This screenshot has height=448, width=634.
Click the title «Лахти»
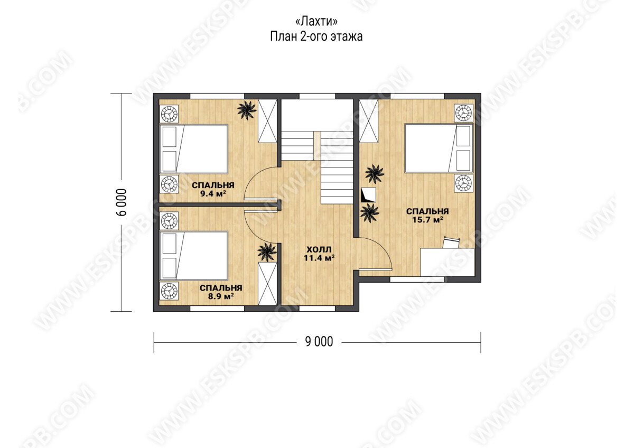pyautogui.click(x=316, y=21)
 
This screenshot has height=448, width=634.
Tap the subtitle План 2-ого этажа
pyautogui.click(x=316, y=36)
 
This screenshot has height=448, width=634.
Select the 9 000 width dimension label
pyautogui.click(x=319, y=342)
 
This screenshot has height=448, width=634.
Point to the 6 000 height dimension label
pyautogui.click(x=121, y=202)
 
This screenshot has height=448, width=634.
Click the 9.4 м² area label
pyautogui.click(x=213, y=194)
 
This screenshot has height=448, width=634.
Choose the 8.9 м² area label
pyautogui.click(x=221, y=296)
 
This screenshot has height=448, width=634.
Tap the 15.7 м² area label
pyautogui.click(x=427, y=220)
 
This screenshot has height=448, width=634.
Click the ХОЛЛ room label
pyautogui.click(x=319, y=249)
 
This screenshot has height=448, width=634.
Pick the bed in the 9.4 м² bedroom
pyautogui.click(x=194, y=149)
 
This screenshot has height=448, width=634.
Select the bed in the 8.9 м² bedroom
pyautogui.click(x=194, y=256)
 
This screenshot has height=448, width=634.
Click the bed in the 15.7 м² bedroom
pyautogui.click(x=439, y=148)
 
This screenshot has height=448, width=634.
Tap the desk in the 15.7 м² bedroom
pyautogui.click(x=447, y=262)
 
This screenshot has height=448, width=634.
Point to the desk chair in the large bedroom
pyautogui.click(x=451, y=242)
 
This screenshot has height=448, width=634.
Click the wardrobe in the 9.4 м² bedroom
pyautogui.click(x=267, y=121)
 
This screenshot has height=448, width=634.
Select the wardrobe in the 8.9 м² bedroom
pyautogui.click(x=267, y=284)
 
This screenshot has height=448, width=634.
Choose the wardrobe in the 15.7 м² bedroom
pyautogui.click(x=369, y=121)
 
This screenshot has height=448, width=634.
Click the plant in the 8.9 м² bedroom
pyautogui.click(x=267, y=252)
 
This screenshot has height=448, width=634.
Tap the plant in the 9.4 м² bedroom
pyautogui.click(x=247, y=110)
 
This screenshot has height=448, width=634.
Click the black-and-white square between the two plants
pyautogui.click(x=369, y=195)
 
